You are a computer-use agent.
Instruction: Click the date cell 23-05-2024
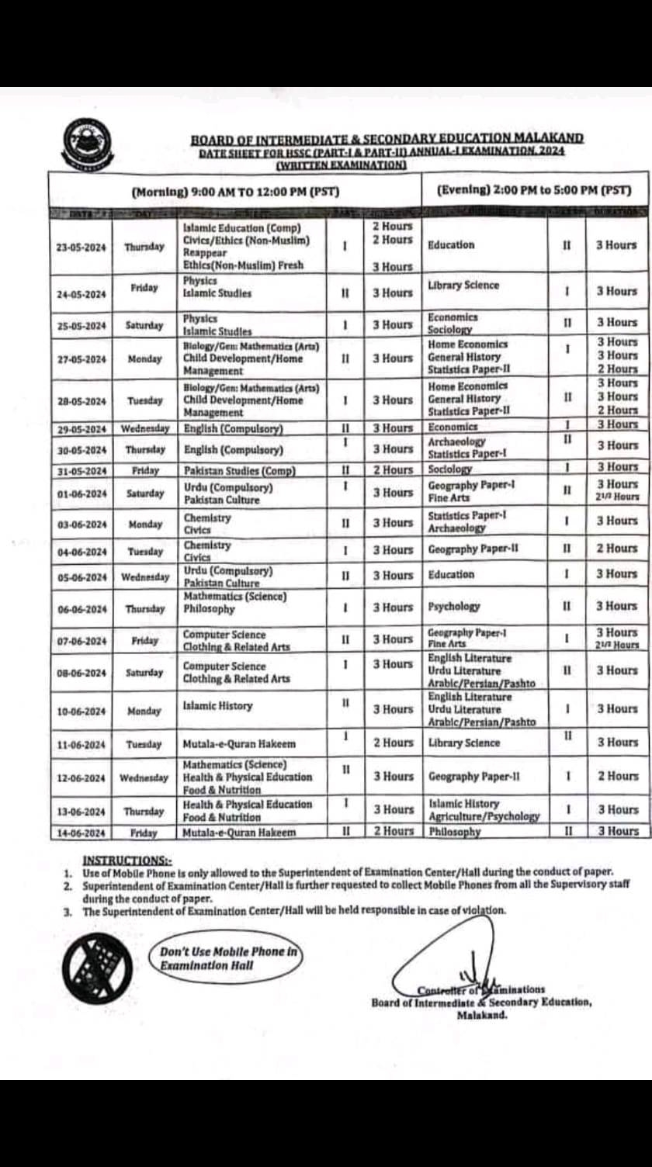[81, 247]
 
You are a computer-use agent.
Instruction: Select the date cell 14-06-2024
[81, 833]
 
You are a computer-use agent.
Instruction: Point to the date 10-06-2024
[81, 711]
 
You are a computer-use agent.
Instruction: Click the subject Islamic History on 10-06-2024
[217, 706]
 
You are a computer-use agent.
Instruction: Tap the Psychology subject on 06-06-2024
[454, 607]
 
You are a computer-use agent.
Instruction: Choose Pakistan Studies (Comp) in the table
[239, 470]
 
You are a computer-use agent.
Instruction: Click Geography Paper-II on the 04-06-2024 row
[473, 549]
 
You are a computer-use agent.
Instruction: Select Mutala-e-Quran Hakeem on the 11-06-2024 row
[239, 744]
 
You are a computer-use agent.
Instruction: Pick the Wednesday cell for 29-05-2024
[144, 428]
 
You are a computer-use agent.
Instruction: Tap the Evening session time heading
[533, 189]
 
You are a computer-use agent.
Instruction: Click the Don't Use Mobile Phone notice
[228, 958]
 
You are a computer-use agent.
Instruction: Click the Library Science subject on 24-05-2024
[463, 285]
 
